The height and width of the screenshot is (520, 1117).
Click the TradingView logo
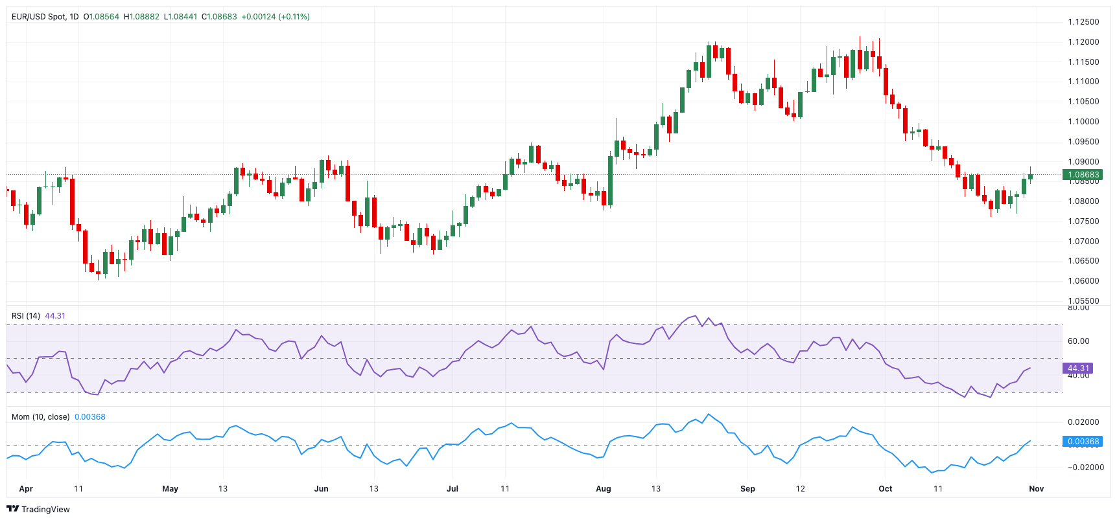click(38, 509)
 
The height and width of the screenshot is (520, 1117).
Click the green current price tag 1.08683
click(1083, 175)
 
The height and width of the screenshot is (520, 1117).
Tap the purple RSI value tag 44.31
click(1078, 368)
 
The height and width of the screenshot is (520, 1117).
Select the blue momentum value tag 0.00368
click(1083, 442)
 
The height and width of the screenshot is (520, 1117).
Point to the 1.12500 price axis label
click(1083, 22)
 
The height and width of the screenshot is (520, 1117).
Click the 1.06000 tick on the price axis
click(1083, 281)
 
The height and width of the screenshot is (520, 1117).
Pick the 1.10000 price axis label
click(1083, 122)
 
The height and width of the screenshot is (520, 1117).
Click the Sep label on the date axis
click(747, 489)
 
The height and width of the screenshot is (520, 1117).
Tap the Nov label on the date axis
click(1036, 489)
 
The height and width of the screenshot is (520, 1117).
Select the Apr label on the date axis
click(26, 489)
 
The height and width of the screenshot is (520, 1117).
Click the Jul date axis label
click(453, 489)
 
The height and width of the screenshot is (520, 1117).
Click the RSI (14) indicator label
click(26, 316)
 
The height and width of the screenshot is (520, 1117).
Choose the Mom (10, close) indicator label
click(40, 417)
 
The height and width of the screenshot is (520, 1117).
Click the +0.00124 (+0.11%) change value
click(275, 17)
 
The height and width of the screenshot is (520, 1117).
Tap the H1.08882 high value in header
click(141, 17)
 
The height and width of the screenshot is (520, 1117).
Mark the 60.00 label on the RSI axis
click(1078, 341)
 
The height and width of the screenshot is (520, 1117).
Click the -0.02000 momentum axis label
click(1085, 468)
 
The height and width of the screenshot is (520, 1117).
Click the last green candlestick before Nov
click(1030, 176)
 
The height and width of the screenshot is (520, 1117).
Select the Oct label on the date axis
click(885, 489)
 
